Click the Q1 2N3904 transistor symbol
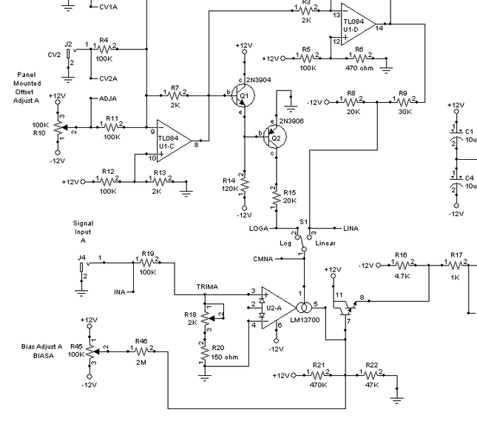coord(243,94)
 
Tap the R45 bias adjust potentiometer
coord(89,350)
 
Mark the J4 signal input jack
coord(81,266)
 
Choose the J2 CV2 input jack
coord(69,53)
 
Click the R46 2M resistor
coord(141,351)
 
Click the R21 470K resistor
coord(319,375)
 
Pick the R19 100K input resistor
coord(147,260)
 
